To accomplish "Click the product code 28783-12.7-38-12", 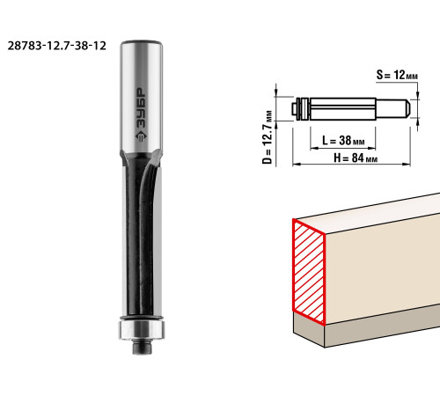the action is (56, 46).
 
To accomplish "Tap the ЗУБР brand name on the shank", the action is (143, 107).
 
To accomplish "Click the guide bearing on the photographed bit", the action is (142, 330).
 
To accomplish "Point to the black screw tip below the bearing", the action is (142, 347).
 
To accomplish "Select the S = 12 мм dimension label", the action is (397, 75).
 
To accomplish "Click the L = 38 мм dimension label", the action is (343, 141).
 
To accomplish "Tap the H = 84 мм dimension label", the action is (356, 158).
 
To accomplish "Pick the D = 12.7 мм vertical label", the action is (268, 137).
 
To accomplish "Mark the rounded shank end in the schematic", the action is (407, 108).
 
